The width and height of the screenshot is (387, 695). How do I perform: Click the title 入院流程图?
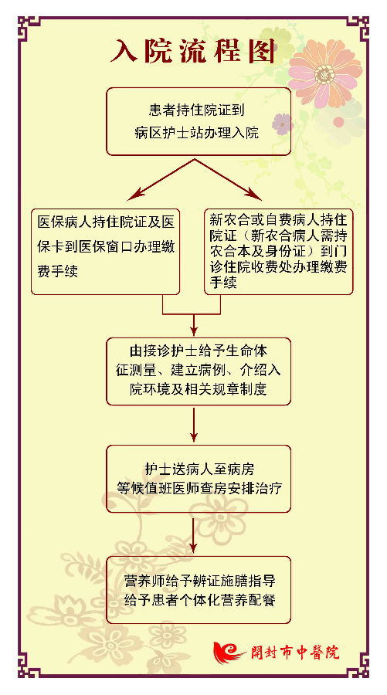(193, 52)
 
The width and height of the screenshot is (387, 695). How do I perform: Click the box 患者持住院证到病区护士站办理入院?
(199, 121)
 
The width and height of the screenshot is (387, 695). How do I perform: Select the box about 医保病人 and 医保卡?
(106, 251)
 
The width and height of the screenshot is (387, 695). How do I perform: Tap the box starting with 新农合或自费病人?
(278, 251)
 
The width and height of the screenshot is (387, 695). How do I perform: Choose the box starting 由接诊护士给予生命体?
(199, 371)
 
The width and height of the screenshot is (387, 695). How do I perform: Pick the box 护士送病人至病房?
(199, 479)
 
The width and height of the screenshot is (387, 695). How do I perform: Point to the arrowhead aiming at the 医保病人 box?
(134, 195)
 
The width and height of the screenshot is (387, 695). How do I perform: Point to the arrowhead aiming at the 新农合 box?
(255, 195)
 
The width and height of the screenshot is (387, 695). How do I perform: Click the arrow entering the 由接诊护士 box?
(194, 325)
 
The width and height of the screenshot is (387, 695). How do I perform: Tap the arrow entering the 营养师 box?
(194, 534)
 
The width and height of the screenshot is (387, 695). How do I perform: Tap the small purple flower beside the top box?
(282, 124)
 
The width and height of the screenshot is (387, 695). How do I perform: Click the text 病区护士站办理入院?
(196, 133)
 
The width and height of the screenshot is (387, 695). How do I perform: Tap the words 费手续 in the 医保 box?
(58, 271)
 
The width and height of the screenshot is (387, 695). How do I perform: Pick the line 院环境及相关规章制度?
(198, 389)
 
